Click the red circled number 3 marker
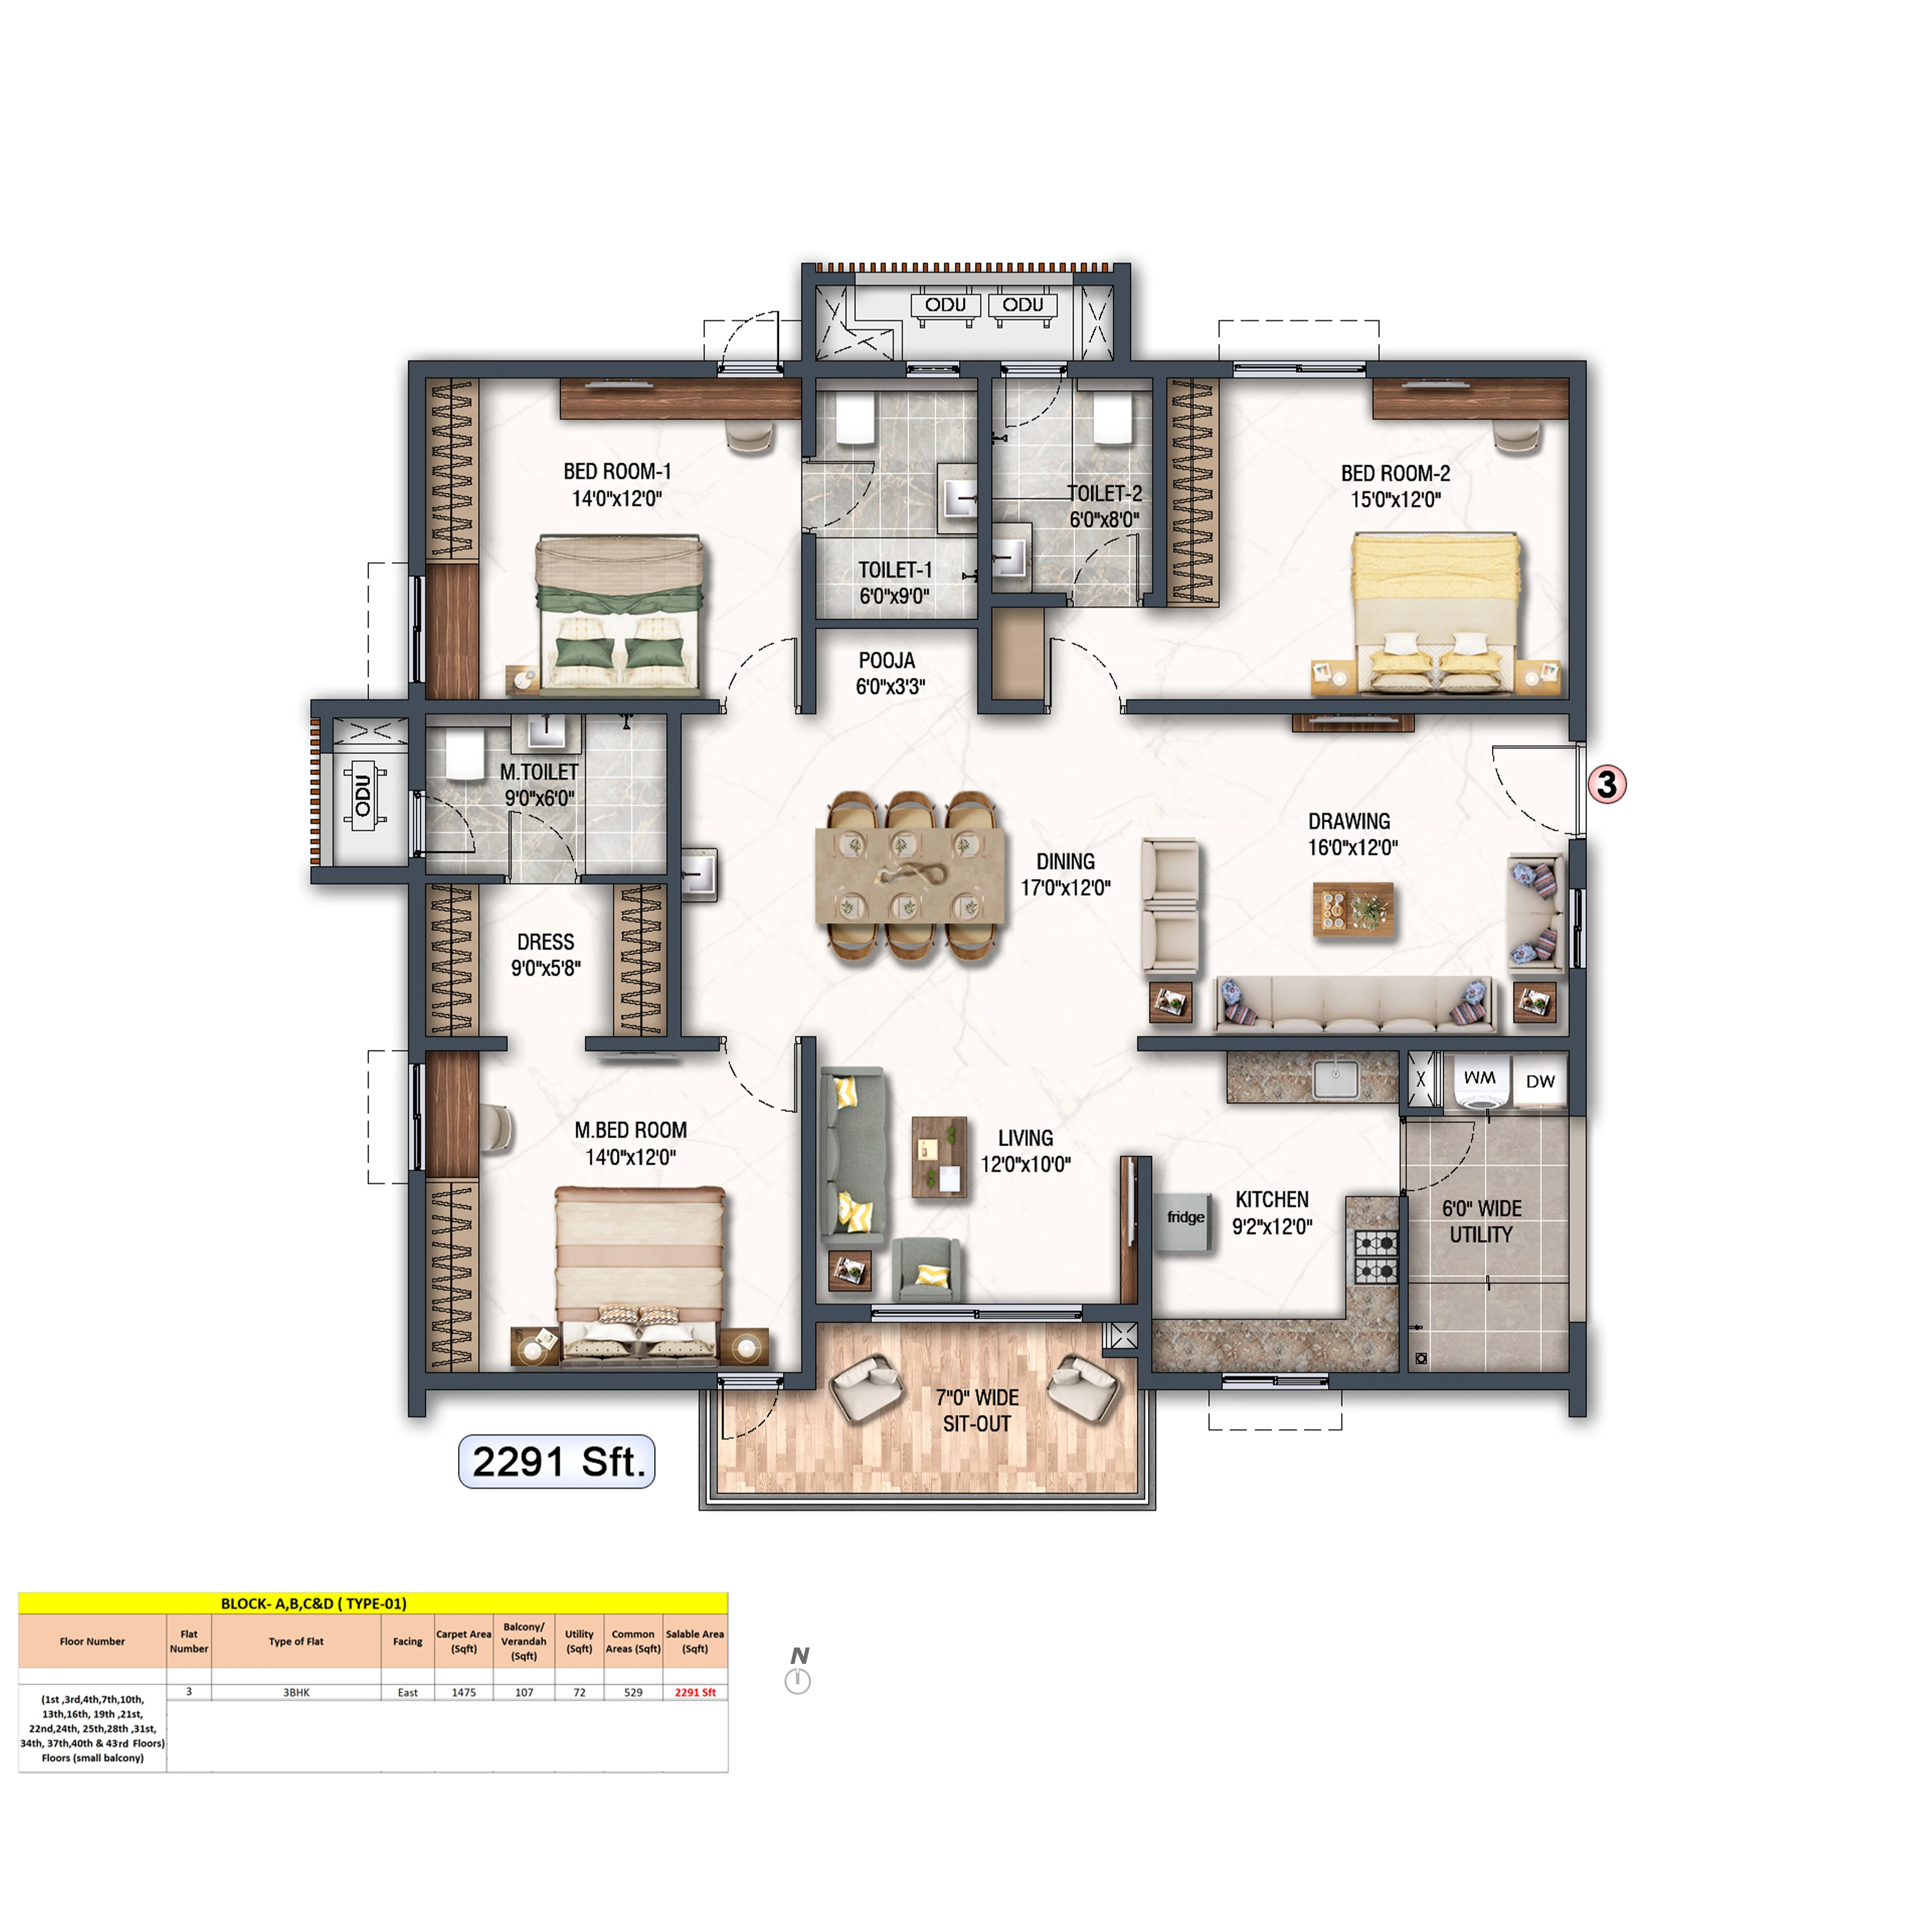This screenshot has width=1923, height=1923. pyautogui.click(x=1606, y=784)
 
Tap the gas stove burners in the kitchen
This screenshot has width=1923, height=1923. pyautogui.click(x=1376, y=1256)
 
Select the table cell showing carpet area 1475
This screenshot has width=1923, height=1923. pyautogui.click(x=464, y=1692)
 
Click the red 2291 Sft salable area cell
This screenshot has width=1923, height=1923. pyautogui.click(x=695, y=1692)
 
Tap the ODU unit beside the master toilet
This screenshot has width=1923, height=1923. pyautogui.click(x=362, y=794)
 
